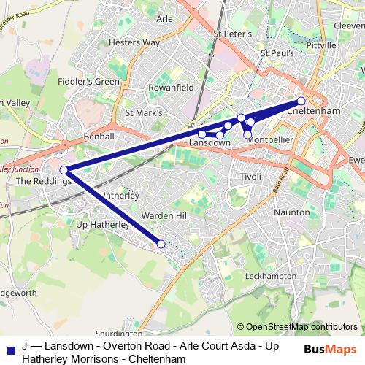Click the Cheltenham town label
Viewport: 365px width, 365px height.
click(315, 111)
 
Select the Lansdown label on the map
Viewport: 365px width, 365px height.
click(210, 143)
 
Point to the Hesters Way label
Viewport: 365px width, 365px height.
click(134, 42)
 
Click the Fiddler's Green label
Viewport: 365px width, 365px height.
click(89, 81)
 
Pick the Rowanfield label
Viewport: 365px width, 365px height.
click(172, 86)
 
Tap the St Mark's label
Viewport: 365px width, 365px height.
click(144, 113)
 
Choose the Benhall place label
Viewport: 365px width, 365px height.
click(100, 137)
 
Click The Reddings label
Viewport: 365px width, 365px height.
click(44, 180)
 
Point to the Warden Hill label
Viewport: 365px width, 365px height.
click(165, 215)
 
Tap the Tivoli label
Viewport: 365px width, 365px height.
click(250, 177)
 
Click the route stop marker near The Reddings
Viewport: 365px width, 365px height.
click(64, 170)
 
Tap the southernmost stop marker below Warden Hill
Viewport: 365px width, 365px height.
click(161, 244)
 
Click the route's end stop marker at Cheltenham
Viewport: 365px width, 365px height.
click(301, 101)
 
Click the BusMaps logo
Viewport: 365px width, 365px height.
click(330, 349)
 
